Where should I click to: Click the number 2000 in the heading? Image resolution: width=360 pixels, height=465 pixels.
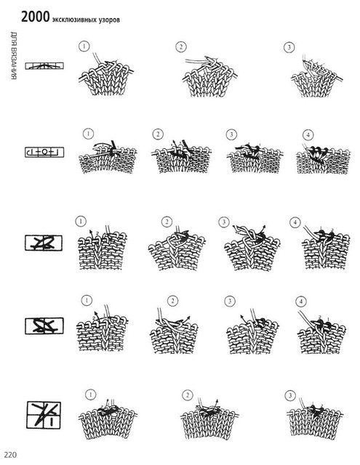35,17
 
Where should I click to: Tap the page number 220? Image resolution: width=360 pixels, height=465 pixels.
10,455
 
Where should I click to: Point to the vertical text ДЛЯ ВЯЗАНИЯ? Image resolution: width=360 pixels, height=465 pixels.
14,55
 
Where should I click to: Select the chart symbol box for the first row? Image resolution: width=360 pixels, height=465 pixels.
44,65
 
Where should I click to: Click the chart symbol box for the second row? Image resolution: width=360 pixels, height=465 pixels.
44,152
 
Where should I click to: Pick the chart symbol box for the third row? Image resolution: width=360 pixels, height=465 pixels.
44,243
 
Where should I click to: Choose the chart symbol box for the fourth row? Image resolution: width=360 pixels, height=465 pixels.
44,325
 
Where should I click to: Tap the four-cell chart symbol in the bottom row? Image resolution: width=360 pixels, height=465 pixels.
44,415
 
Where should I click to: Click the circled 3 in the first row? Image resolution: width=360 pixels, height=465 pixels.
289,47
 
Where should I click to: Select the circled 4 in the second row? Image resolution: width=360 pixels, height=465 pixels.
308,135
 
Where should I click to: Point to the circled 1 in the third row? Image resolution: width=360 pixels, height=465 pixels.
81,221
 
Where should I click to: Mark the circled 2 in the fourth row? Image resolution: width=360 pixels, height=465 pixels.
172,302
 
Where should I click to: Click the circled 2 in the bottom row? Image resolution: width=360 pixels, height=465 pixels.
187,395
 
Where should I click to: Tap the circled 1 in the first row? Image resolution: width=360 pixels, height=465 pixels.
84,46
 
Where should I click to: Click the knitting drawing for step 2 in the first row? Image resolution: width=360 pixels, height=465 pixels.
210,76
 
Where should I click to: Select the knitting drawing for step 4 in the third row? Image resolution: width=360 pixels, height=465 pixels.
326,248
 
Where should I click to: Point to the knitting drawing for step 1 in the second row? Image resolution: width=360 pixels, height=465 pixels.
108,156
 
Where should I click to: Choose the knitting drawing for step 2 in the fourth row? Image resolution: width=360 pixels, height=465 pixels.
174,331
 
